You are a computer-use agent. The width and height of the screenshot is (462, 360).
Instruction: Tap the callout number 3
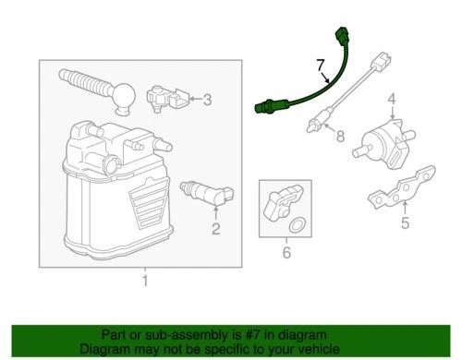pos(208,100)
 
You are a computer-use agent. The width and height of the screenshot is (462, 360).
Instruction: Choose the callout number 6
pos(286,251)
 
